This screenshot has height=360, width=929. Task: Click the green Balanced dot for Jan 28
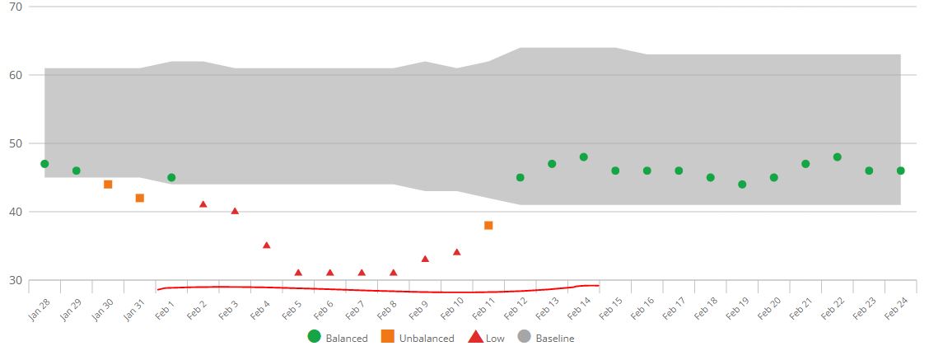point(44,164)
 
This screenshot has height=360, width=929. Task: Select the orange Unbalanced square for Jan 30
point(108,185)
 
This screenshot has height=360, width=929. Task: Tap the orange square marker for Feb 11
point(488,225)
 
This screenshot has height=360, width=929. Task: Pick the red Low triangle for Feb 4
point(266,245)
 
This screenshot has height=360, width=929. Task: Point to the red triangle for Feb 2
point(203,204)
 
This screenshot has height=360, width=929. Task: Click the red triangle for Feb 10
point(456,252)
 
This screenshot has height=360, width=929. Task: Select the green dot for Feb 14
point(583,157)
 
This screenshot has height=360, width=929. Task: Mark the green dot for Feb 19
point(742,185)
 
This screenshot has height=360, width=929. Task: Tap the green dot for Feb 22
point(837,157)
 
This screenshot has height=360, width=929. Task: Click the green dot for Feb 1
point(171,177)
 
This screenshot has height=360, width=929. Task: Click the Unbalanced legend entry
point(418,337)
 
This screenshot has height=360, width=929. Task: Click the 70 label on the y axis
point(15,7)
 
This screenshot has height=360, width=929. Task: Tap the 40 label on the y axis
point(15,212)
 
